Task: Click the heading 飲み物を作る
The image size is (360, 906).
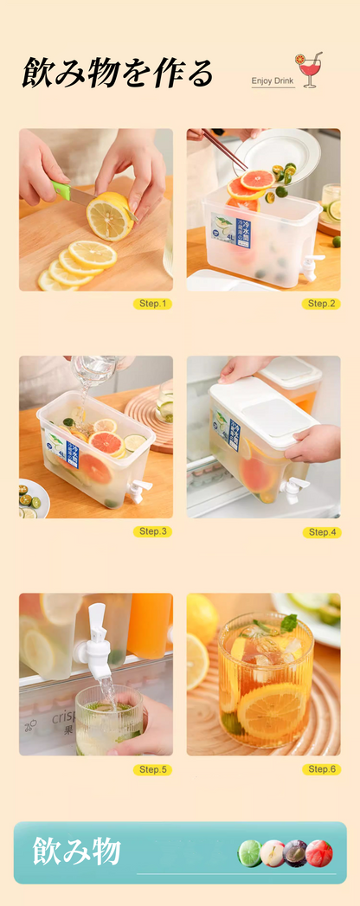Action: tap(117, 74)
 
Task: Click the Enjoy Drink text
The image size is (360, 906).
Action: tap(273, 80)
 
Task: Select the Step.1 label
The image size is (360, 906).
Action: tap(152, 304)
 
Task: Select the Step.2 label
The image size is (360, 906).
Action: tap(321, 304)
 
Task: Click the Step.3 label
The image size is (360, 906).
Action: tap(152, 531)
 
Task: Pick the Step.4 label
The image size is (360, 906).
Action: tap(321, 531)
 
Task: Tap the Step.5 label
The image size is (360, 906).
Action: tap(152, 768)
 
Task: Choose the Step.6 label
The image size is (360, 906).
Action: tap(321, 768)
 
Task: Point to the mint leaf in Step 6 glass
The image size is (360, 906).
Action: tap(288, 622)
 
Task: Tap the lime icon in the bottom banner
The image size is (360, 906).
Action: tap(250, 853)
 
